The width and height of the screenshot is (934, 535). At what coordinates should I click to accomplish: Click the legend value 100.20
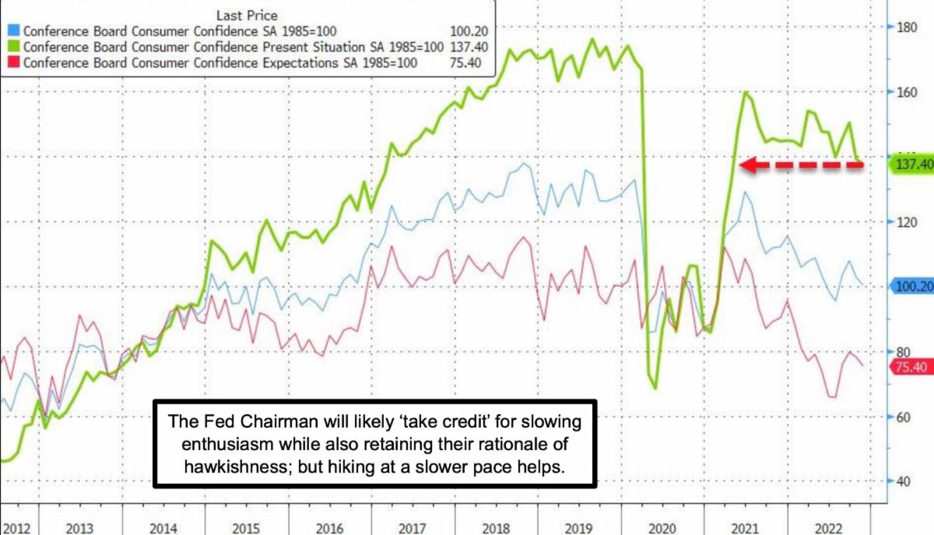(x=469, y=32)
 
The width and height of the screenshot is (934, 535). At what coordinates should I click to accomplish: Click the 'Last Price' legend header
(x=245, y=15)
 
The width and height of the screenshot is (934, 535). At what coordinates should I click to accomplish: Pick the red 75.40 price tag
(x=911, y=368)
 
